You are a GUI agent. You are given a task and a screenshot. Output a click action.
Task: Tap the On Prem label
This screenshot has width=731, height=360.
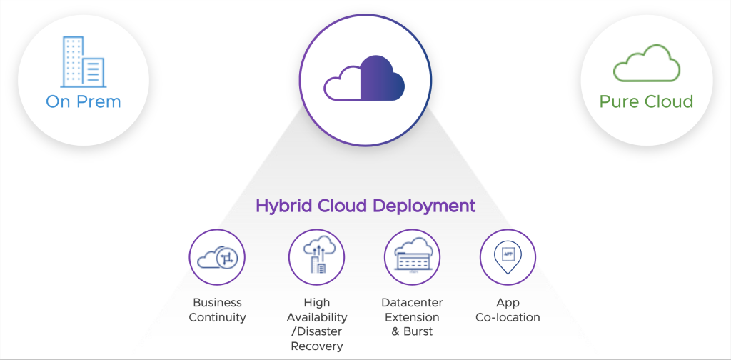pyautogui.click(x=84, y=101)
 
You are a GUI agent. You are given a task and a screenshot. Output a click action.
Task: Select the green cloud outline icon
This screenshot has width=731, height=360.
pyautogui.click(x=647, y=64)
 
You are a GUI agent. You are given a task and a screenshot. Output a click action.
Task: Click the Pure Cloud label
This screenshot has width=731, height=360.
pyautogui.click(x=646, y=101)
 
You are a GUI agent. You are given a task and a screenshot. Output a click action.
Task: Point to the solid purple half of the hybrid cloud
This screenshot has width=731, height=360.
pyautogui.click(x=382, y=79)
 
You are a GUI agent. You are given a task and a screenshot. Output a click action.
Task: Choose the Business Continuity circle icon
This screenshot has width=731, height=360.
pyautogui.click(x=217, y=257)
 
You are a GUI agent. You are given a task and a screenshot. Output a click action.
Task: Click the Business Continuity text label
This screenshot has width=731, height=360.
pyautogui.click(x=217, y=310)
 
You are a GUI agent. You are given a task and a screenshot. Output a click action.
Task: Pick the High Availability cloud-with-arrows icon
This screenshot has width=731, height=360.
pyautogui.click(x=316, y=257)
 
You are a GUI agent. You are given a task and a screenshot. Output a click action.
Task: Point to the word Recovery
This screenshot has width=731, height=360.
pyautogui.click(x=317, y=346)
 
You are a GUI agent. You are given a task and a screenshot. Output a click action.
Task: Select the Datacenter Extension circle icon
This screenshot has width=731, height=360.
pyautogui.click(x=412, y=257)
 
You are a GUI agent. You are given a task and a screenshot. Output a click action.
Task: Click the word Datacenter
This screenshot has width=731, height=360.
pyautogui.click(x=413, y=303)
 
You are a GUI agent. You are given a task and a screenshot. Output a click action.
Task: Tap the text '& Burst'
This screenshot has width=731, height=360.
pyautogui.click(x=413, y=331)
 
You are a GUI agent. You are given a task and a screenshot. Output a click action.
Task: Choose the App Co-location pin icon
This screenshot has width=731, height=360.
pyautogui.click(x=508, y=257)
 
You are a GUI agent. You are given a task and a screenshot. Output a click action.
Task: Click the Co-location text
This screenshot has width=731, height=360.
pyautogui.click(x=508, y=317)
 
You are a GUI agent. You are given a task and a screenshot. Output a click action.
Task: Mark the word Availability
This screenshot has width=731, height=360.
pyautogui.click(x=317, y=317)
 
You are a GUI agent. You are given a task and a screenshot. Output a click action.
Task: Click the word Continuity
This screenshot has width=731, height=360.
pyautogui.click(x=217, y=317)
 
